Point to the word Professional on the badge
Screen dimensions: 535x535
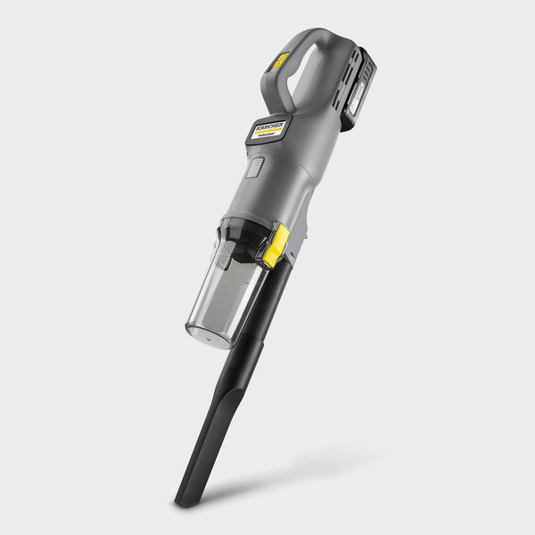point(271,138)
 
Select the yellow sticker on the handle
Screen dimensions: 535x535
point(280,61)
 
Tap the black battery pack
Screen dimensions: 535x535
point(357,89)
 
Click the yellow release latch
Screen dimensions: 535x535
point(276,245)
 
